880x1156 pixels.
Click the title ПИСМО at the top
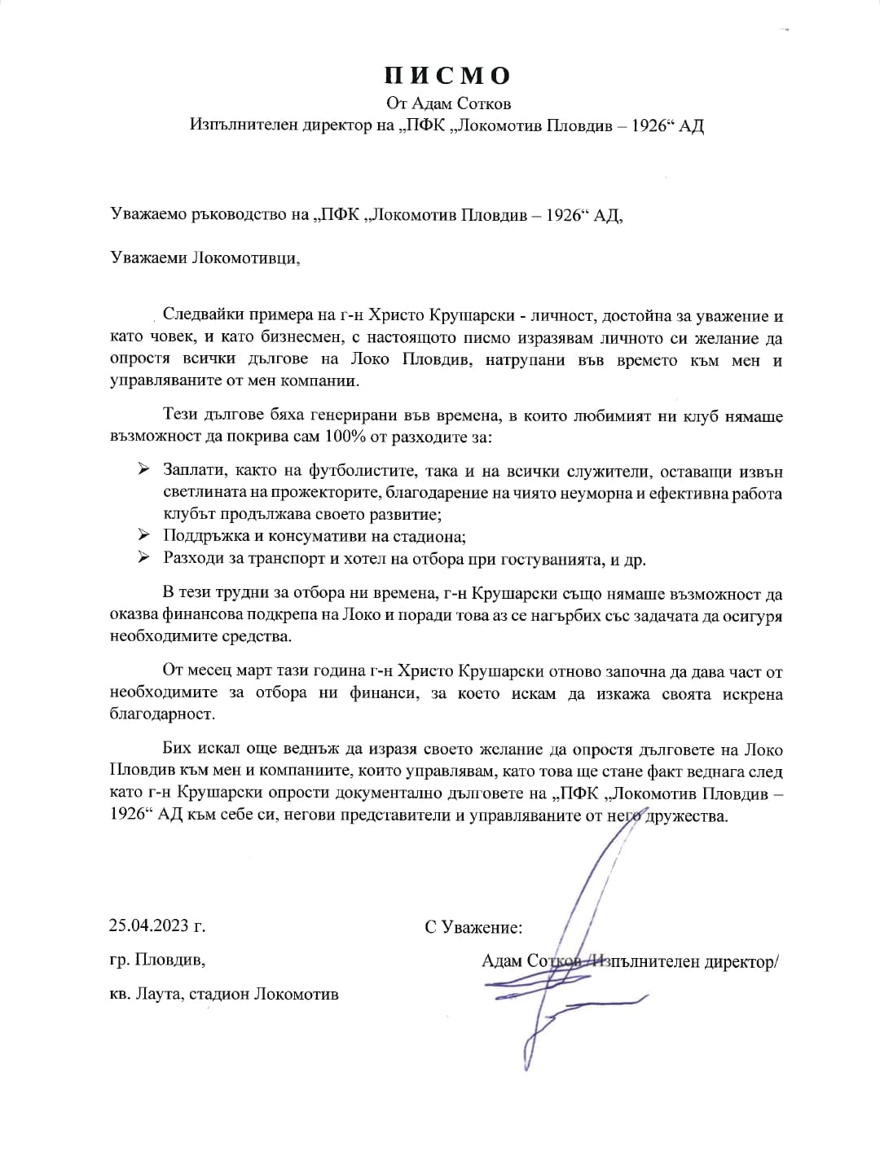(x=447, y=76)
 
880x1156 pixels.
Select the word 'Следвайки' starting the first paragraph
(x=202, y=316)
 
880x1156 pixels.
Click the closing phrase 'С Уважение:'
(x=473, y=927)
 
